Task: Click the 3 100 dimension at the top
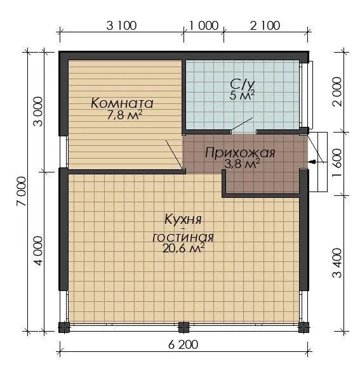121,25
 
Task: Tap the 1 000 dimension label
204,25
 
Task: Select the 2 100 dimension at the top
265,25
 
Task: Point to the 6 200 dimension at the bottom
183,345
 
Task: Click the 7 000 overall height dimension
22,191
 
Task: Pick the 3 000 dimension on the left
38,112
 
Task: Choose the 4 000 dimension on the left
38,250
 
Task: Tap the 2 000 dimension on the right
337,91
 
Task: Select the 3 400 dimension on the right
337,263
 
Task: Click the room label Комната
122,103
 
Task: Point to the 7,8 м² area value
124,115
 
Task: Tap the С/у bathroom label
243,84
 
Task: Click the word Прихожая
240,153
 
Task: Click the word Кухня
183,219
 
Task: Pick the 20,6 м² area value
183,249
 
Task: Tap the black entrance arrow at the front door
312,162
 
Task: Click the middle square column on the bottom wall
183,327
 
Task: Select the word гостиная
183,237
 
